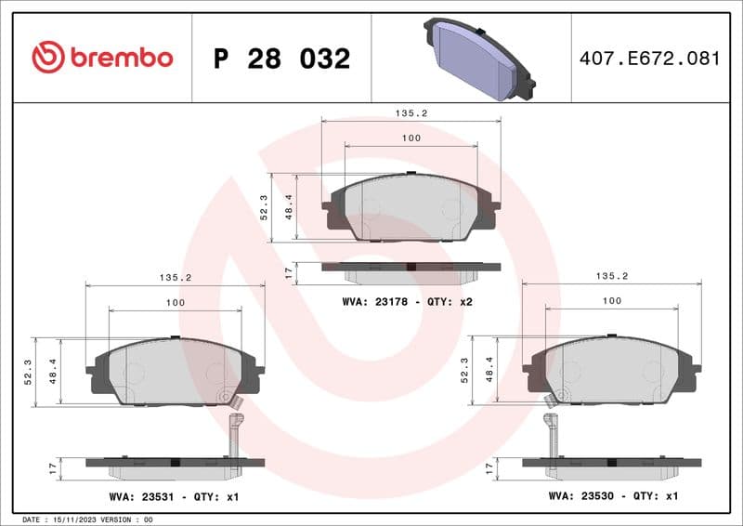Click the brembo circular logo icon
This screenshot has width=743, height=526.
tap(47, 58)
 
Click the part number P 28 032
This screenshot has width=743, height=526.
tap(281, 59)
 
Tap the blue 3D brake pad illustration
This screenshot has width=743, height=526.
tap(479, 58)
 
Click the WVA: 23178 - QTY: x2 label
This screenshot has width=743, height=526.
tap(408, 302)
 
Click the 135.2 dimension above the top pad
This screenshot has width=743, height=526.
tap(411, 112)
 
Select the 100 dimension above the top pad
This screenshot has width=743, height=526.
tap(411, 138)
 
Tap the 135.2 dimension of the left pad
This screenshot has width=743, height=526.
tap(175, 277)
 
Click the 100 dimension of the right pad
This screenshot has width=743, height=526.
tap(611, 300)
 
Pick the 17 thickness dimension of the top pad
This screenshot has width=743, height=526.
tap(289, 271)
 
